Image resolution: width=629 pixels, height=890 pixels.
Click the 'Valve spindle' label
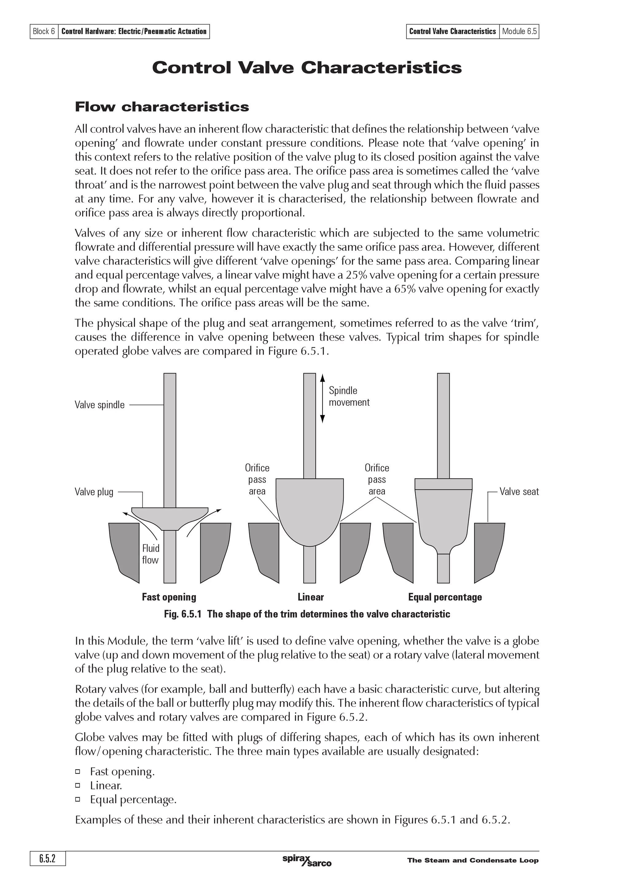pos(100,405)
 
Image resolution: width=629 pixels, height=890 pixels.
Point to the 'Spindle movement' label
pos(349,396)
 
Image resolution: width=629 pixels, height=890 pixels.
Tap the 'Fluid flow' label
pos(150,554)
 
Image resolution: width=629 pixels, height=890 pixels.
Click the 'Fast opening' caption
pos(169,597)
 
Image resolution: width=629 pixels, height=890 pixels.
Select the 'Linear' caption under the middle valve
pos(311,597)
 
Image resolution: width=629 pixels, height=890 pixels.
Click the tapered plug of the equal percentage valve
pos(443,516)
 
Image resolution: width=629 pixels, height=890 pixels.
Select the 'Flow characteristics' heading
pos(162,107)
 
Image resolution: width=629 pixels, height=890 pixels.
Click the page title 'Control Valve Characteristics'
pos(307,68)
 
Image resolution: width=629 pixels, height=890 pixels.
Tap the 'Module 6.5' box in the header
pos(519,31)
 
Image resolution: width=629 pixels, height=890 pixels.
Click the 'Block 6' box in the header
pos(44,31)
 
